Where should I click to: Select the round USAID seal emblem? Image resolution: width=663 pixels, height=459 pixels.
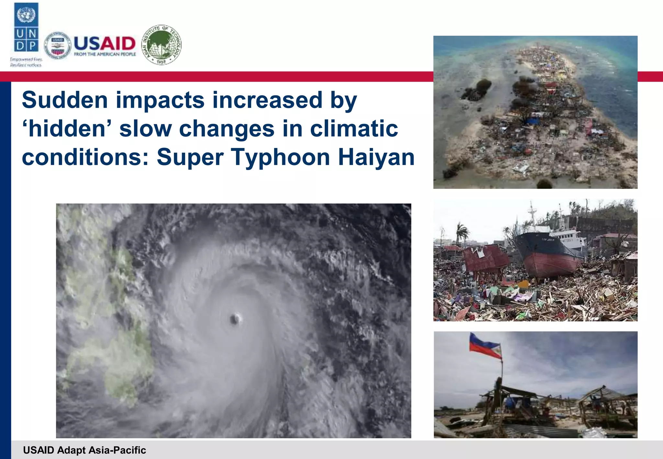pyautogui.click(x=57, y=46)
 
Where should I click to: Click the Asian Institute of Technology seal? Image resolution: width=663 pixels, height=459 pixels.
pyautogui.click(x=162, y=45)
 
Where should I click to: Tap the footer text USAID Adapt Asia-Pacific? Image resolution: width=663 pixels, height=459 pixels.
pyautogui.click(x=84, y=450)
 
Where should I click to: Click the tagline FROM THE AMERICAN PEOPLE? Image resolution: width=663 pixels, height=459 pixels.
pyautogui.click(x=105, y=54)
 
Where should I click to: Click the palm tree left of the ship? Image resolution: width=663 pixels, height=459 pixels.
pyautogui.click(x=461, y=231)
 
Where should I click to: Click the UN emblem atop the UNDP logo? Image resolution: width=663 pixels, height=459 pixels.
pyautogui.click(x=26, y=15)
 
